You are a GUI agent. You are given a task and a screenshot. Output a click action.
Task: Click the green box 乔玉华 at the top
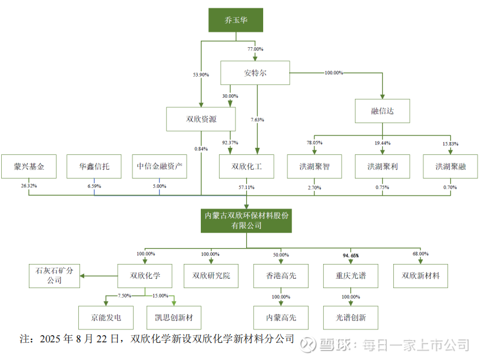(235, 20)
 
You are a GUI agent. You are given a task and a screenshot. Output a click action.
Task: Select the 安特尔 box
(255, 73)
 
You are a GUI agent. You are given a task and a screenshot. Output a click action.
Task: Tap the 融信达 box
(383, 111)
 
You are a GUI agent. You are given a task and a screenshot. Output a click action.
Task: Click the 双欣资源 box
(201, 119)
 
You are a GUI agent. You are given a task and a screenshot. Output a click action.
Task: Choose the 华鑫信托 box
(94, 167)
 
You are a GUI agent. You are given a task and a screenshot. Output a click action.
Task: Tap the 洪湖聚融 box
(450, 167)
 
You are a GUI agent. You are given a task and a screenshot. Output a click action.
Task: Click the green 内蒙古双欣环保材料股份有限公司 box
(246, 220)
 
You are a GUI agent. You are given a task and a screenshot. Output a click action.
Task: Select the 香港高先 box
(281, 276)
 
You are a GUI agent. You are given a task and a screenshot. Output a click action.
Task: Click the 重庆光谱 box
(350, 276)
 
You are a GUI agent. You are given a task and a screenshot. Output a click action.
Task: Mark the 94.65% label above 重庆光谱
(350, 255)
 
